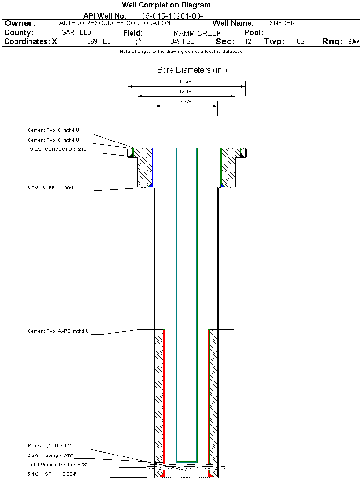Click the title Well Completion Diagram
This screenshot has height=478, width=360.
[x=166, y=5]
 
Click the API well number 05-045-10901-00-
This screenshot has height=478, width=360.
[x=172, y=16]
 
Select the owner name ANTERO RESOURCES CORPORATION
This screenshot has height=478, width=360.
[x=115, y=23]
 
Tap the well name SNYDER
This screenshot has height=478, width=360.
[x=282, y=23]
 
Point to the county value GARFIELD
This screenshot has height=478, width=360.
[x=76, y=33]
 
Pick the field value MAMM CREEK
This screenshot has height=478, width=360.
[x=197, y=33]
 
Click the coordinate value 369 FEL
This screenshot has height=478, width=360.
[x=99, y=42]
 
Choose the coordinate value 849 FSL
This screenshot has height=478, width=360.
[x=182, y=42]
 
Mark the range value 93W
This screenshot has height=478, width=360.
[x=353, y=42]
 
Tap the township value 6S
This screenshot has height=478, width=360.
[x=301, y=42]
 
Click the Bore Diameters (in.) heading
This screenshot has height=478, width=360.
[x=192, y=70]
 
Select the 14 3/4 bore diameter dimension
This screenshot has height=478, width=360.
[x=186, y=82]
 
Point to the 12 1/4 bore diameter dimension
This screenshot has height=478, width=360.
[x=186, y=91]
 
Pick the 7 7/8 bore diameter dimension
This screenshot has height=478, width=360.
[x=186, y=101]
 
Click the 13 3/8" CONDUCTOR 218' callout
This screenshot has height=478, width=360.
[x=58, y=149]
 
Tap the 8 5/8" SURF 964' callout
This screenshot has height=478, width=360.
[x=51, y=188]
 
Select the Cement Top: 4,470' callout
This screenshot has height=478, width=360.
[x=58, y=331]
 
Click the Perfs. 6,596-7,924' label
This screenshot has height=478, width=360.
[x=51, y=445]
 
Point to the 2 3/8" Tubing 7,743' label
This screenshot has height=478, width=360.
[x=50, y=455]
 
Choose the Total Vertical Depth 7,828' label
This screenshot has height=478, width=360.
[x=57, y=465]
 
